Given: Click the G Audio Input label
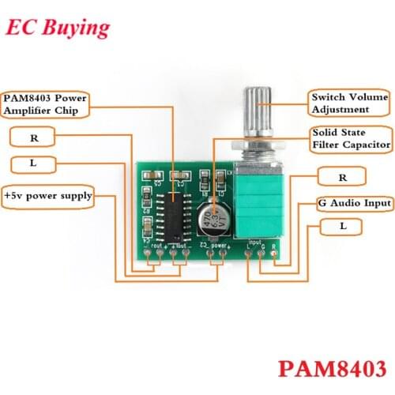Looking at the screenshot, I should click(355, 203).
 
